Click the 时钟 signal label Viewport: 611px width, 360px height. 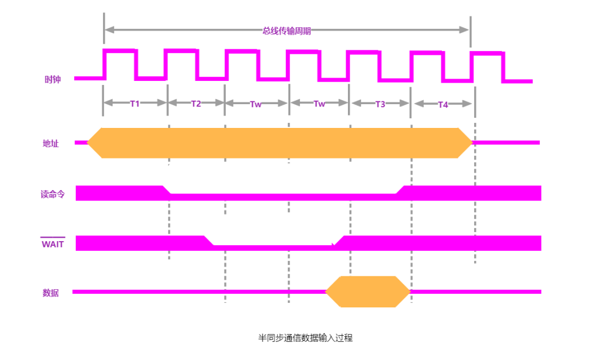pos(53,80)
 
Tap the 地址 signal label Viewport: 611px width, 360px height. pos(51,143)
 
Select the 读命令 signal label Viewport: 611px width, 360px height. pos(53,194)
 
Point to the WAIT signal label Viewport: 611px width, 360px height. pos(53,245)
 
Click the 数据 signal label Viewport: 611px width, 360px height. pos(50,293)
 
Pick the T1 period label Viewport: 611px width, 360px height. pos(135,104)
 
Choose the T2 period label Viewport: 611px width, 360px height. pos(196,104)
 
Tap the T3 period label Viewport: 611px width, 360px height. pos(380,104)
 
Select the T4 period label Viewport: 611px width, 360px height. pos(443,104)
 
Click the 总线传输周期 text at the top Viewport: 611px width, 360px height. pos(287,31)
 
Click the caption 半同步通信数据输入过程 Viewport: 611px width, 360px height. pos(305,338)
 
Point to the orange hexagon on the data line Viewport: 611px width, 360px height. pos(368,292)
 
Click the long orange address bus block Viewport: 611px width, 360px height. pos(280,143)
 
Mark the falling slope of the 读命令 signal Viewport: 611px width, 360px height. pos(167,190)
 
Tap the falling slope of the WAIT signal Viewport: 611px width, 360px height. pos(209,241)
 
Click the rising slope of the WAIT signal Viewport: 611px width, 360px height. pos(338,241)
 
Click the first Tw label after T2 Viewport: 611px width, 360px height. pos(256,104)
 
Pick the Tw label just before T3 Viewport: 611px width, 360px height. pos(320,104)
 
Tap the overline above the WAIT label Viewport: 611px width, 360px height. pos(53,237)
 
